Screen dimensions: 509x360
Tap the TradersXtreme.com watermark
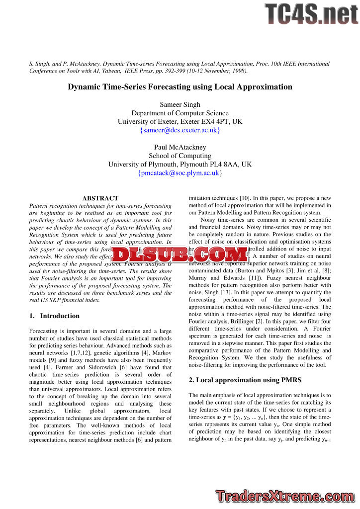pos(285,496)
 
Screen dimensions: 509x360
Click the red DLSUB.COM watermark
pos(180,255)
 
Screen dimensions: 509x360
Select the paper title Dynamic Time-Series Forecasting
pos(180,87)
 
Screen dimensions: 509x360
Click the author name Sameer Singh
pos(180,104)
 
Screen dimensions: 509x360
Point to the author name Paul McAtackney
pos(180,147)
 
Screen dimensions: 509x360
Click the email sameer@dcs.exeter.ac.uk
pos(180,130)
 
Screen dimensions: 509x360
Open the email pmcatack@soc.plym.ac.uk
pos(180,173)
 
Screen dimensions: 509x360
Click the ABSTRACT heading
pos(100,198)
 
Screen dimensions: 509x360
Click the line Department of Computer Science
pos(180,113)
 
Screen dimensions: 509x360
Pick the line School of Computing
pos(180,156)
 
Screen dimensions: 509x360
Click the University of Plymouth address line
pos(180,164)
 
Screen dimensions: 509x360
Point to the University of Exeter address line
pos(180,121)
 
